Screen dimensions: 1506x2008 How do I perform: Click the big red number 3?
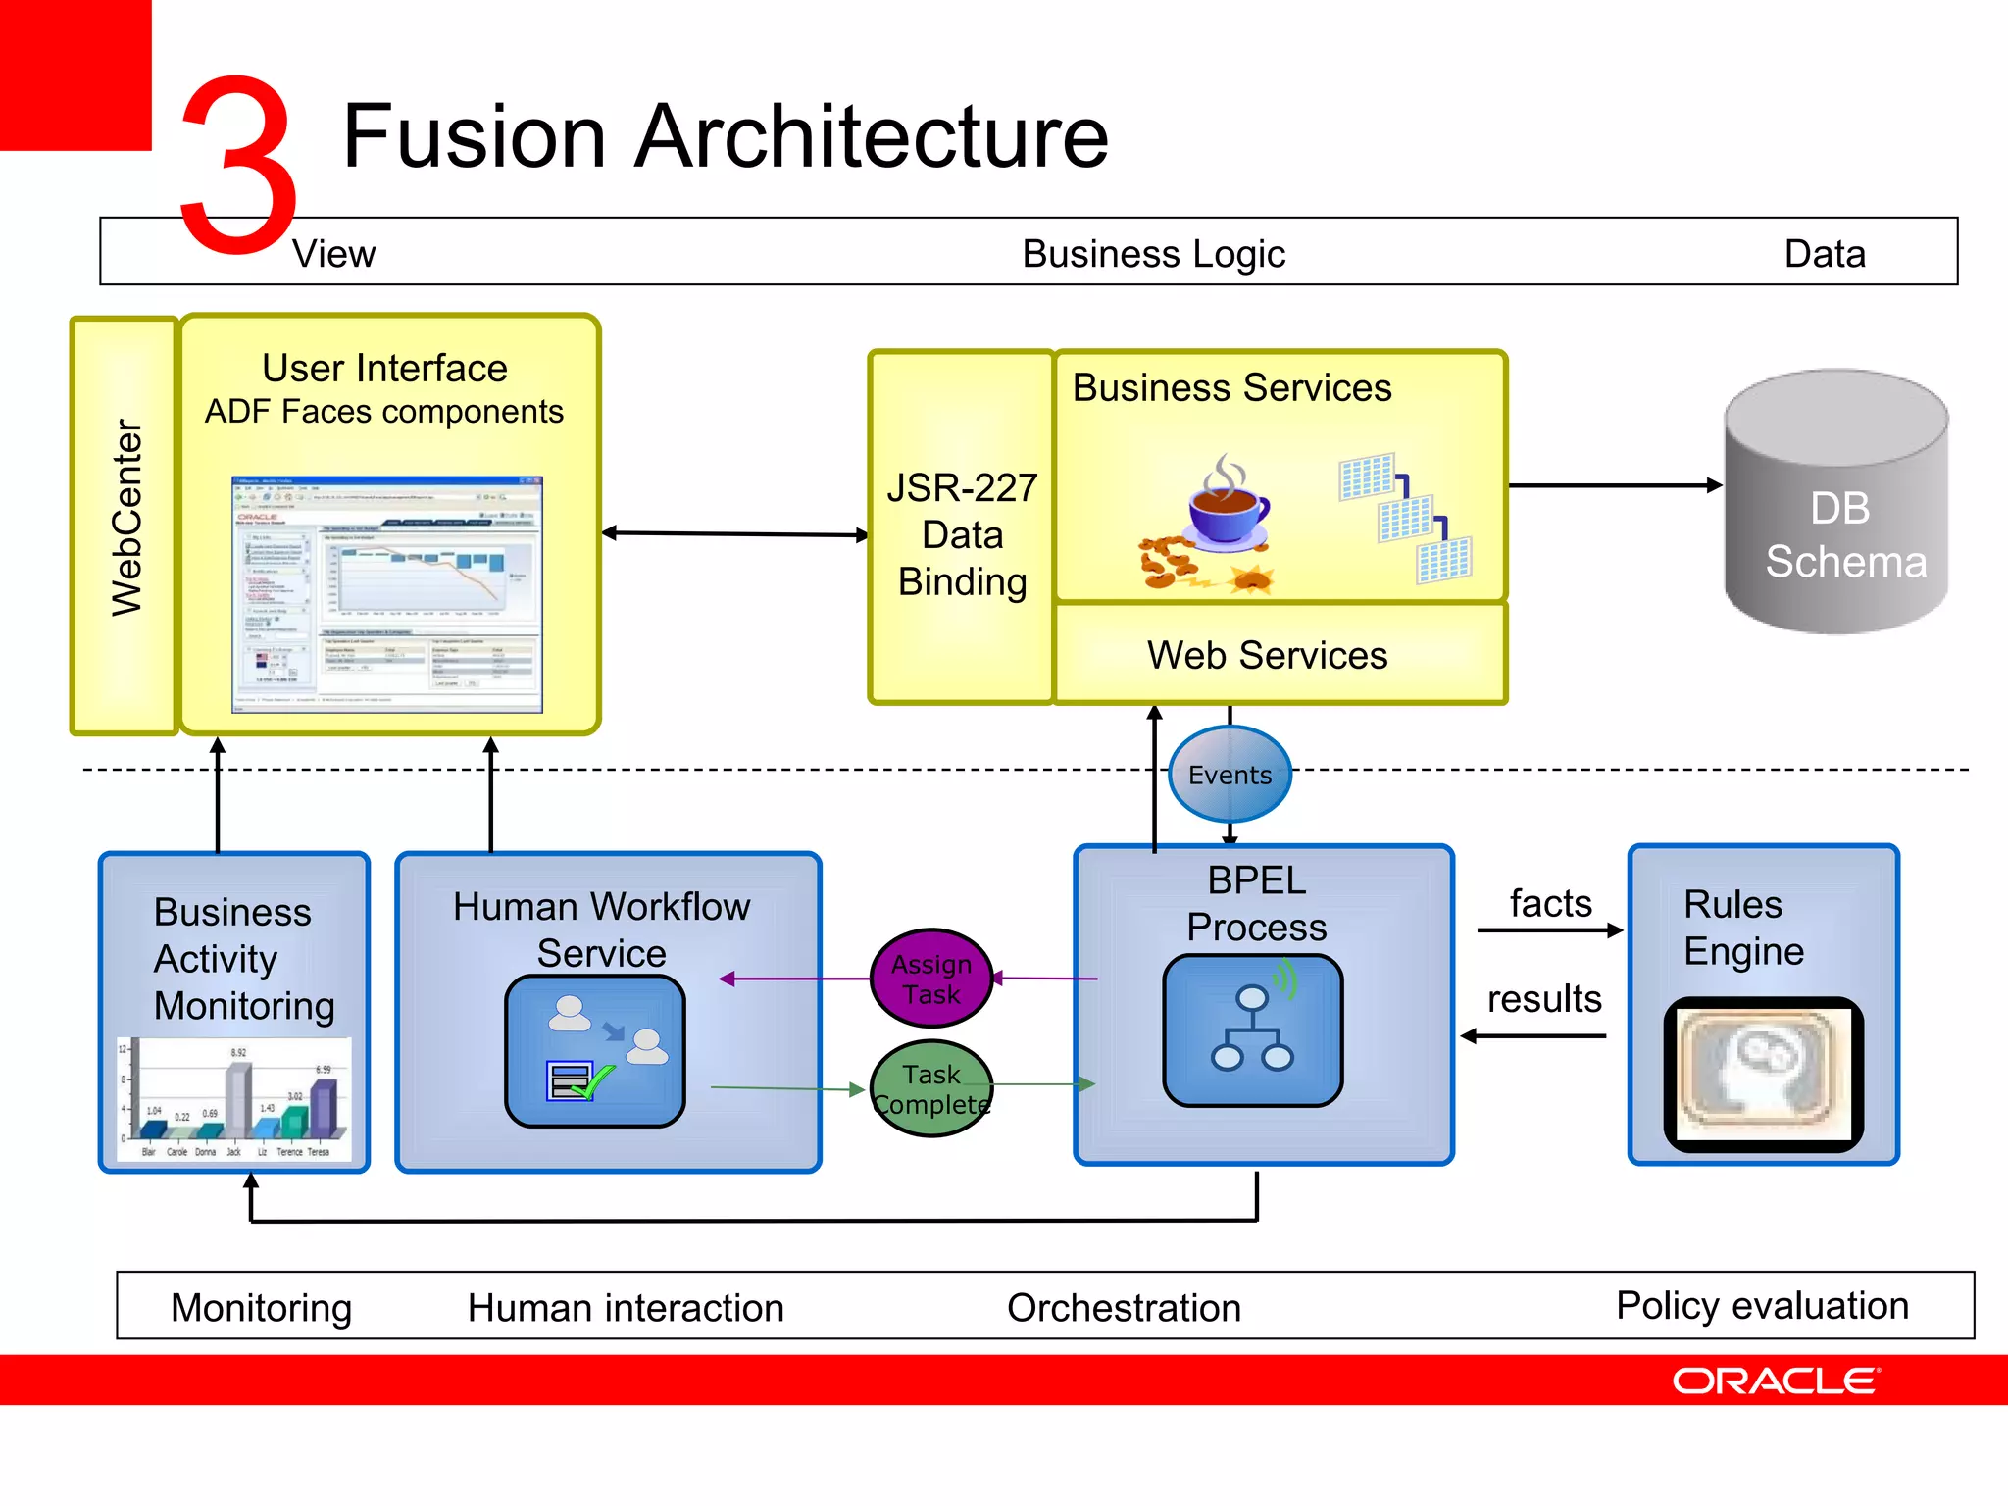pos(238,162)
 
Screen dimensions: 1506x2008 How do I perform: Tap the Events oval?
pos(1230,775)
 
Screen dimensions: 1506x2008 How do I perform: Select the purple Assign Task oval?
pos(931,979)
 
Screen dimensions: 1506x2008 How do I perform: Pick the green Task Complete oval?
pos(931,1088)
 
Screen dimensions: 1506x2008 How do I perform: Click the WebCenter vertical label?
pos(125,520)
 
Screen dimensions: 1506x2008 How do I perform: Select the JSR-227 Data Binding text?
pos(962,534)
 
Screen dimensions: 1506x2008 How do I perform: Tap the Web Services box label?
pos(1267,655)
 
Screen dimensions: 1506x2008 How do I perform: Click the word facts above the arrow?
pos(1550,903)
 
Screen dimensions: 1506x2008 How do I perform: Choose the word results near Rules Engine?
pos(1544,999)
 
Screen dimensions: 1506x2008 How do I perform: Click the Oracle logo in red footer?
pos(1776,1380)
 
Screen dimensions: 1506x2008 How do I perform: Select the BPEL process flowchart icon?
pos(1252,1029)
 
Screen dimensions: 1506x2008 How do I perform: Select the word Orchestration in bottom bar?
pos(1124,1307)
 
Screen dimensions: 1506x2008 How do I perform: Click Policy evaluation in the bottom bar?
pos(1762,1305)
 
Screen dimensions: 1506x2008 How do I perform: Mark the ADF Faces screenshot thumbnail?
pos(386,594)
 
